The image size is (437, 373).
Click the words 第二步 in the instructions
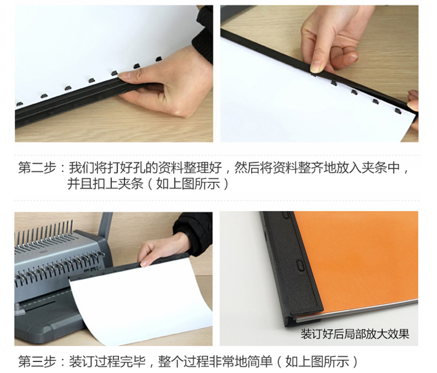[x=37, y=168]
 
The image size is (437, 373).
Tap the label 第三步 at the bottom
[x=37, y=361]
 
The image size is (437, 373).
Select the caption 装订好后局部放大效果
[x=355, y=334]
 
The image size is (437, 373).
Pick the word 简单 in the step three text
[x=260, y=361]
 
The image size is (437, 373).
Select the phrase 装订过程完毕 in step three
[x=107, y=361]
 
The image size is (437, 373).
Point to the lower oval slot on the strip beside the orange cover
[x=299, y=265]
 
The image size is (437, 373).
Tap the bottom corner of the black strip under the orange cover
[x=287, y=325]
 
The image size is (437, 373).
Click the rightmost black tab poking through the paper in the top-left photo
[x=158, y=59]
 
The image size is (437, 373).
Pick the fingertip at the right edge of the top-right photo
[x=413, y=104]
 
